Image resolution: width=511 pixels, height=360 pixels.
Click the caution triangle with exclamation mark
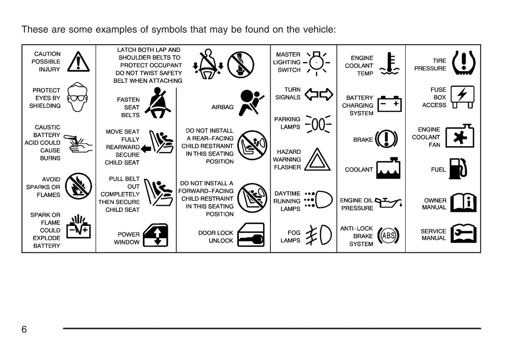78,62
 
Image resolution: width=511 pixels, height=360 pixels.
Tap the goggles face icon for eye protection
77,97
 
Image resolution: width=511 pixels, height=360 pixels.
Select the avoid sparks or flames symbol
79,186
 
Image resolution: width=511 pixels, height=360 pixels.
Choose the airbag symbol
251,103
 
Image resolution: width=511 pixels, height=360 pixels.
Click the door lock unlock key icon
251,235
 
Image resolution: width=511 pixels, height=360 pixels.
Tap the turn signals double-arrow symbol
319,94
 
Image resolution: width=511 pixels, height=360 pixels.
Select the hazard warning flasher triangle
317,160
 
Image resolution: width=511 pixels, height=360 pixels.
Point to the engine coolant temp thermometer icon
389,64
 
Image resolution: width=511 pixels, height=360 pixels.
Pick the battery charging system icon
389,104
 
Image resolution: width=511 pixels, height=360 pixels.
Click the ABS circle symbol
388,236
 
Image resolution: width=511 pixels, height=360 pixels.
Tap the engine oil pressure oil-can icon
388,203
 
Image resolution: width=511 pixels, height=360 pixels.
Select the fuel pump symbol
458,168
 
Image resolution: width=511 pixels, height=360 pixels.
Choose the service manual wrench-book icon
464,234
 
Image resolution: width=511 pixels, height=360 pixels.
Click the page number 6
24,329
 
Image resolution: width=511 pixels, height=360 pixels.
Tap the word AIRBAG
222,107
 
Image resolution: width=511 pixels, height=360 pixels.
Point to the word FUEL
438,170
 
